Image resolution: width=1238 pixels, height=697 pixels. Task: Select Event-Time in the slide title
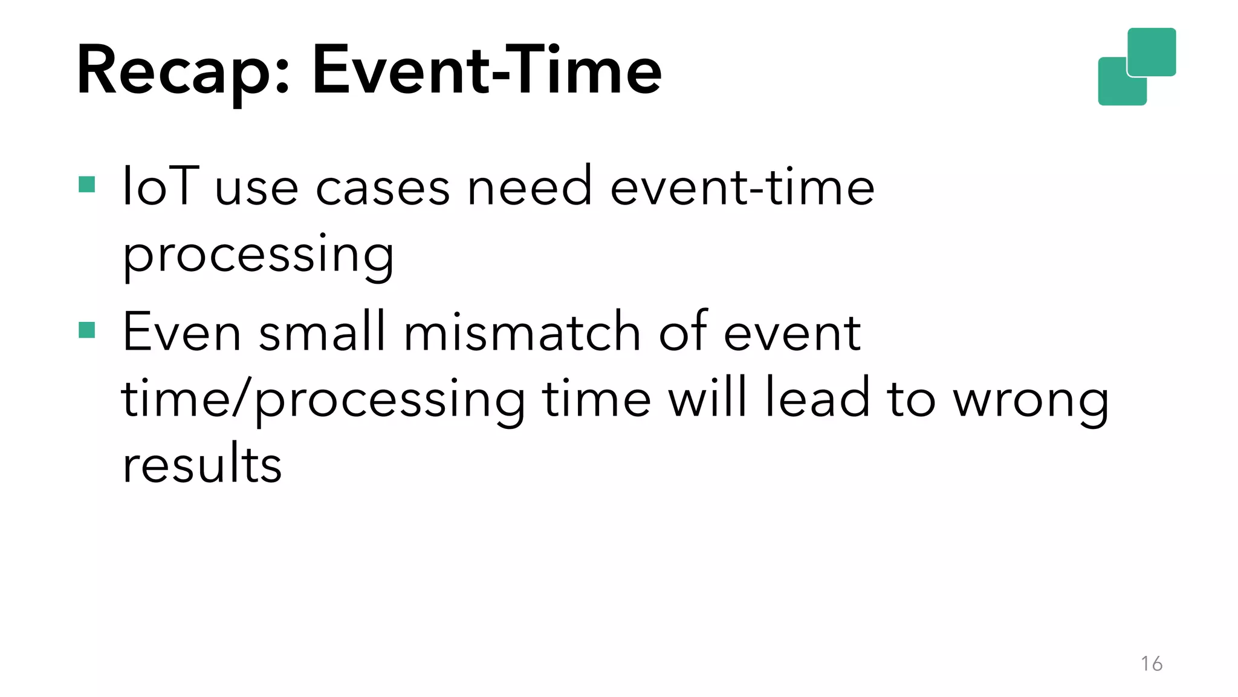tap(487, 70)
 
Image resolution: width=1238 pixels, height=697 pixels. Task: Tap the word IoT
tap(160, 186)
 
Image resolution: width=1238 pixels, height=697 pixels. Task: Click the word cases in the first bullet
tap(383, 188)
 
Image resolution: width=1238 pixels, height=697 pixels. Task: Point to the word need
tap(530, 186)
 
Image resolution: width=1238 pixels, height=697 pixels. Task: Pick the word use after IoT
tap(256, 189)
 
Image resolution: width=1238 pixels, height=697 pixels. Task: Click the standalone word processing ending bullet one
tap(258, 255)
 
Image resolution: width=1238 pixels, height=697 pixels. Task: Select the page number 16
tap(1152, 664)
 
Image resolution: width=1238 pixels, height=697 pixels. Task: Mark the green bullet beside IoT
tap(87, 185)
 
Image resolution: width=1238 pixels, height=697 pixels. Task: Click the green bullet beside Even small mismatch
tap(87, 330)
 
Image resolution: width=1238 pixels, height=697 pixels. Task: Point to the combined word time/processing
tap(323, 401)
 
